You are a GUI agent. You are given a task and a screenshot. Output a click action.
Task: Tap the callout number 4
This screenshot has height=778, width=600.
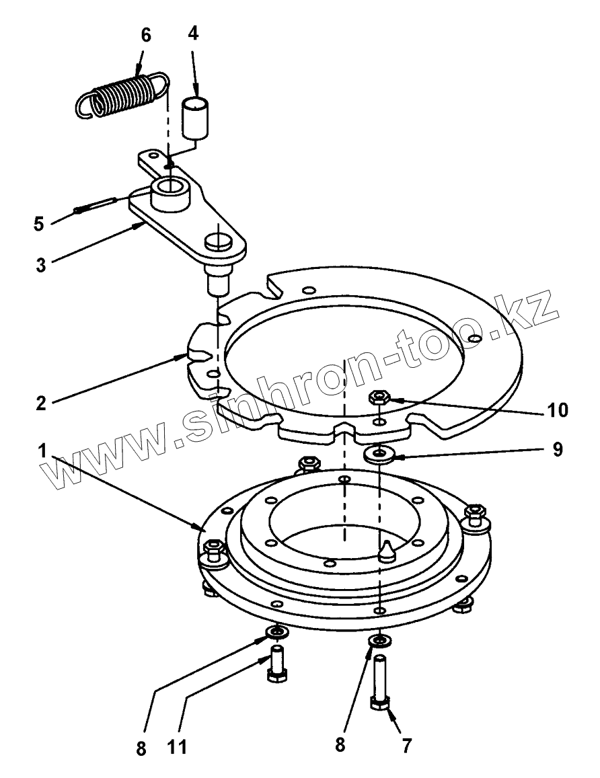point(194,34)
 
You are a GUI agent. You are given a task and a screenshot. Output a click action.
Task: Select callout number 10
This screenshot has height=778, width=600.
point(559,409)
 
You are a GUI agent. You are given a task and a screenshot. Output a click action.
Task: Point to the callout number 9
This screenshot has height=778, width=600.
point(558,449)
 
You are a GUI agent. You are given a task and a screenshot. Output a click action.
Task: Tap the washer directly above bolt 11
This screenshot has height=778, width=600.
point(277,633)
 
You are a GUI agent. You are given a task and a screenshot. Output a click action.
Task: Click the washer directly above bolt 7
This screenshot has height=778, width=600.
point(381,639)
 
